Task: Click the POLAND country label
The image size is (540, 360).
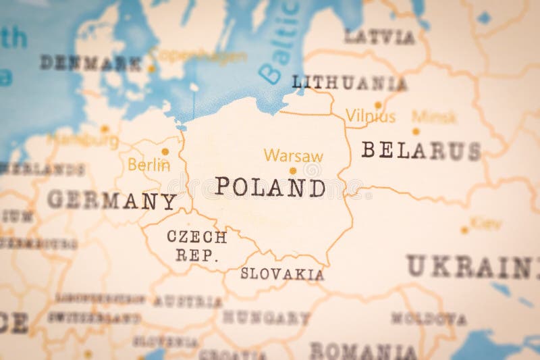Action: pyautogui.click(x=270, y=187)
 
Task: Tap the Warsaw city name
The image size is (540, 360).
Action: pyautogui.click(x=293, y=155)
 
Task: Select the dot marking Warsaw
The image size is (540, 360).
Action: pyautogui.click(x=292, y=171)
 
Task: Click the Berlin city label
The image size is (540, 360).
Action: pyautogui.click(x=148, y=165)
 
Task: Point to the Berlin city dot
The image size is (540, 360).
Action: pyautogui.click(x=165, y=151)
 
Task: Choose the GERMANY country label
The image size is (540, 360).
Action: pyautogui.click(x=111, y=200)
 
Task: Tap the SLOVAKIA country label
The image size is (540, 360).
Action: pyautogui.click(x=282, y=274)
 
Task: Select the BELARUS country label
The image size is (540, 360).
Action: pyautogui.click(x=421, y=150)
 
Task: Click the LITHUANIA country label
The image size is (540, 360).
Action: pyautogui.click(x=349, y=83)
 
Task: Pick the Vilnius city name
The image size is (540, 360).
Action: pyautogui.click(x=371, y=116)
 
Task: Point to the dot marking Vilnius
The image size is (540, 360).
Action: pyautogui.click(x=378, y=104)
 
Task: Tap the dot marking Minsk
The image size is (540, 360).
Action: pyautogui.click(x=416, y=131)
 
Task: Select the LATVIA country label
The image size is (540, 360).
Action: pyautogui.click(x=379, y=37)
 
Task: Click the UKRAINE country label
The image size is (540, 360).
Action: pyautogui.click(x=473, y=267)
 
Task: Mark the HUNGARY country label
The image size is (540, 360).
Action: pyautogui.click(x=266, y=317)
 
